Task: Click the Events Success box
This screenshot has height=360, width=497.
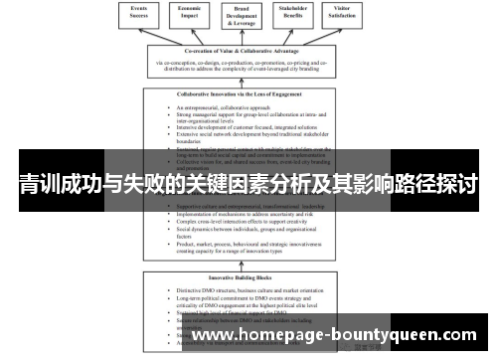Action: point(139,14)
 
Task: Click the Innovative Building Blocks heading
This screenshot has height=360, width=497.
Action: point(248,277)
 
